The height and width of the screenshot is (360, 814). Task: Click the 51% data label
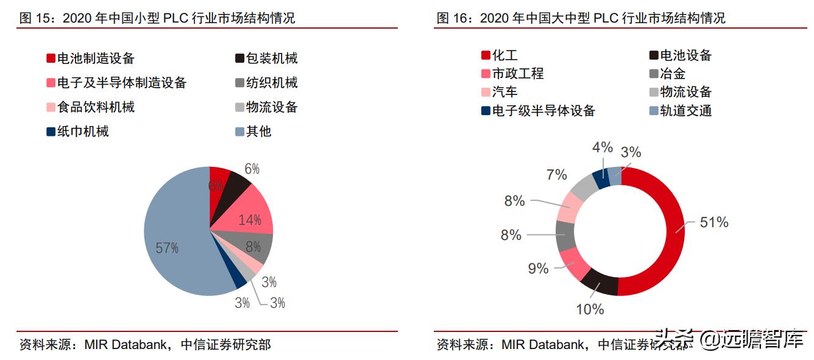[713, 222]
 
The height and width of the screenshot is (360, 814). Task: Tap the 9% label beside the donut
[538, 268]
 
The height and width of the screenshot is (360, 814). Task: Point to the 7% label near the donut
[556, 175]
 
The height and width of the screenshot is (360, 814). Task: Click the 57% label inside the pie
[167, 248]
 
